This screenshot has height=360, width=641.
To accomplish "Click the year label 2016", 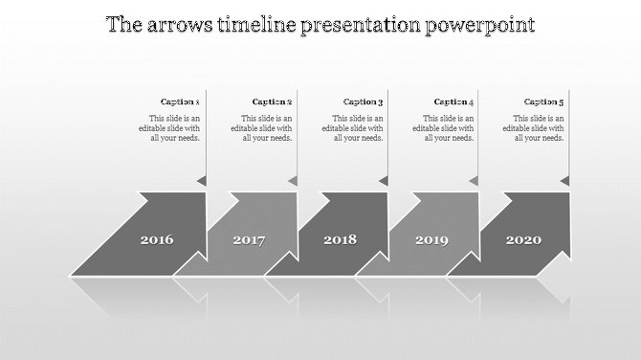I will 157,239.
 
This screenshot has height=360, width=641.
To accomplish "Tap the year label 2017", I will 249,239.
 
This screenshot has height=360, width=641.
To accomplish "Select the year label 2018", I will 340,239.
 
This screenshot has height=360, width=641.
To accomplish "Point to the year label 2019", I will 431,239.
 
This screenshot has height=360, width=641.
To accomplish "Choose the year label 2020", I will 522,239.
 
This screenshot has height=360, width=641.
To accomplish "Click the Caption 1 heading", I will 180,101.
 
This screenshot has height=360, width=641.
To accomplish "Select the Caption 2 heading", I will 272,101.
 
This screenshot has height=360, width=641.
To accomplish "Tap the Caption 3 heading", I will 363,101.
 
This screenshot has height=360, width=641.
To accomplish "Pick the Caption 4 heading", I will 453,101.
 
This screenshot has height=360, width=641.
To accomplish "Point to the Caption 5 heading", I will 543,101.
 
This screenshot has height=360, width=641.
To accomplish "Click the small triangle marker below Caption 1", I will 202,180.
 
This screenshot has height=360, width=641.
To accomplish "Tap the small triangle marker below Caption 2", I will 293,180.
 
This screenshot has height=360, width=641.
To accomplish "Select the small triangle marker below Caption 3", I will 384,180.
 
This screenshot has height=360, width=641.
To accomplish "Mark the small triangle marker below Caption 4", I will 474,180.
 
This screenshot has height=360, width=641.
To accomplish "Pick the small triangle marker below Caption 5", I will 564,180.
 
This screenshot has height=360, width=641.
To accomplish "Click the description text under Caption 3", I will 354,127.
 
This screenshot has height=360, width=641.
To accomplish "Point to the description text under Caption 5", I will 535,127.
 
